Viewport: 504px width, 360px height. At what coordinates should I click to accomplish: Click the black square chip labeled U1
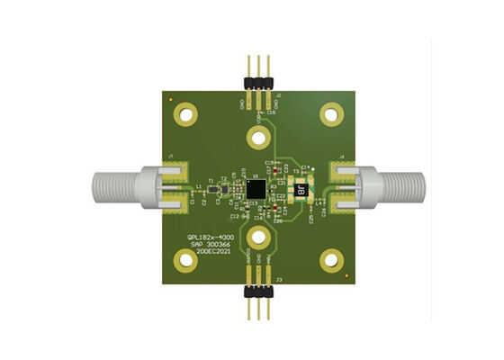click(256, 189)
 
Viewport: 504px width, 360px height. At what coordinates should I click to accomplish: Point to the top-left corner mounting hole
click(187, 114)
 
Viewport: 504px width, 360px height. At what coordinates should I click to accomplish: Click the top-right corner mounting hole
click(334, 114)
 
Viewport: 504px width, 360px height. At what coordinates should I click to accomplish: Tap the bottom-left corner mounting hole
click(187, 261)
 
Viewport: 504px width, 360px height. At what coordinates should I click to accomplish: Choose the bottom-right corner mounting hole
click(334, 261)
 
